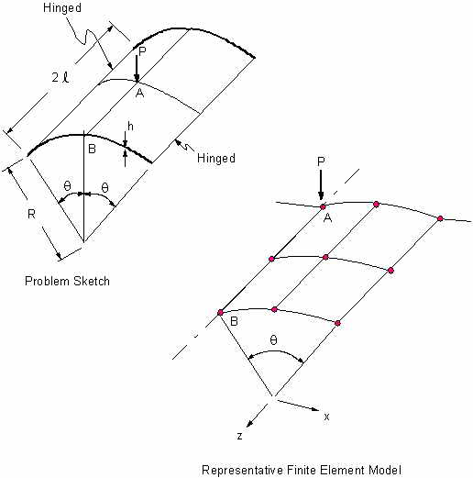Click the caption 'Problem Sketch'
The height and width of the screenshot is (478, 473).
[x=67, y=281]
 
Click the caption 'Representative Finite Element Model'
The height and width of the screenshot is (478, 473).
[x=302, y=470]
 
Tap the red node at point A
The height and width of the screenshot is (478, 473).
[x=323, y=207]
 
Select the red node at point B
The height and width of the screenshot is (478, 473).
[x=220, y=313]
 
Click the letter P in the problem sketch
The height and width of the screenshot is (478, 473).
[x=142, y=51]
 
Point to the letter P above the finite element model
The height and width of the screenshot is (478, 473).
[x=321, y=161]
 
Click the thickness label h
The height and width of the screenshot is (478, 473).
[x=130, y=126]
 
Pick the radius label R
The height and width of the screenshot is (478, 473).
[x=31, y=214]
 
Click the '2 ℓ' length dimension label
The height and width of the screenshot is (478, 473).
[x=60, y=77]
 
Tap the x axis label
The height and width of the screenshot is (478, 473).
[x=326, y=417]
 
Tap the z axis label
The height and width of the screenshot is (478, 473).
[x=240, y=436]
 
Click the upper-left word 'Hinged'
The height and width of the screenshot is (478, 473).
[x=62, y=8]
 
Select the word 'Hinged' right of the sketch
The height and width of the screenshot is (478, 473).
[x=216, y=158]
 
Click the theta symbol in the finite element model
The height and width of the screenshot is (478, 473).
[x=273, y=339]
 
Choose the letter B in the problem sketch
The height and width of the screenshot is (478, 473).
[x=92, y=149]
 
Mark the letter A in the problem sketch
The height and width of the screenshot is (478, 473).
[x=139, y=93]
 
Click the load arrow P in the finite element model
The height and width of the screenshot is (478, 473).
[x=321, y=185]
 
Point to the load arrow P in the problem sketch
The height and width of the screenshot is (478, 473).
[x=137, y=69]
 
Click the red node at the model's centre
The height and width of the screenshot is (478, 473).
[x=325, y=257]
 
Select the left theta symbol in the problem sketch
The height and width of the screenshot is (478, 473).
[x=67, y=185]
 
